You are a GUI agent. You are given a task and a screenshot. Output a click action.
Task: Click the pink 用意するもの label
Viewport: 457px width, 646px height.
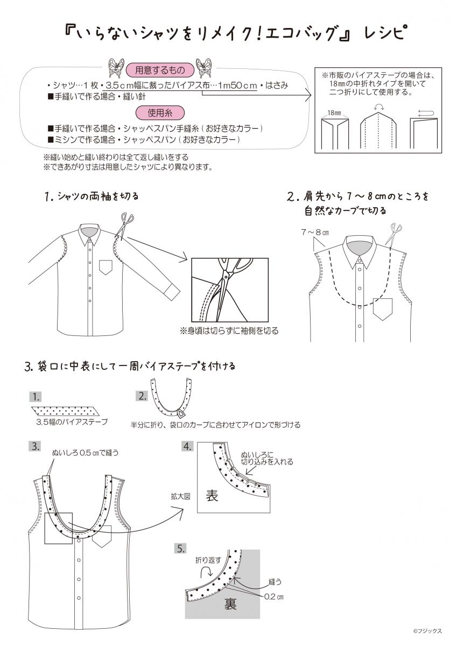[160, 70]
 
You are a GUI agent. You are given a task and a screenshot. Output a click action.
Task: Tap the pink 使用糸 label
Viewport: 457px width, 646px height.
[160, 113]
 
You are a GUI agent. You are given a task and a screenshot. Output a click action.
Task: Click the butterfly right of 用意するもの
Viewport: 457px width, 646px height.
[203, 68]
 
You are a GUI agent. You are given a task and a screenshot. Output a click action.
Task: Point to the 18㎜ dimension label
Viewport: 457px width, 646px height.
[334, 113]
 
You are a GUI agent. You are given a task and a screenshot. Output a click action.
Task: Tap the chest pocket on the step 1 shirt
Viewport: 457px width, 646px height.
[106, 267]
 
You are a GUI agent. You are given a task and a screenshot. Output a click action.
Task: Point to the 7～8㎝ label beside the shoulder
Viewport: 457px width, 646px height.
[315, 232]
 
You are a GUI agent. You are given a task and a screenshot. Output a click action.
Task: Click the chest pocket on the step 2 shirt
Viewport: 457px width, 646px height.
[383, 309]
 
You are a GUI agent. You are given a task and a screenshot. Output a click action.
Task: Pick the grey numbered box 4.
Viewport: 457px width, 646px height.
[187, 447]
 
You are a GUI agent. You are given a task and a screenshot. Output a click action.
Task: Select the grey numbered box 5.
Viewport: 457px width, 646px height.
[181, 549]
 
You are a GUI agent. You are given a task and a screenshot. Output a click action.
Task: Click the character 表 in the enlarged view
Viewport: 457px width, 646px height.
[212, 496]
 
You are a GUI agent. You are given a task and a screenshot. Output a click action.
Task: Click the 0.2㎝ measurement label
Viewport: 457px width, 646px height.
[273, 596]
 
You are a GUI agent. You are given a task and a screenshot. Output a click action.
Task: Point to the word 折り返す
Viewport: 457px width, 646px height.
[208, 560]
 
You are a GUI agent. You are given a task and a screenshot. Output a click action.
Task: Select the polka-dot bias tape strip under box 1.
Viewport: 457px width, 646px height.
[66, 410]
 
